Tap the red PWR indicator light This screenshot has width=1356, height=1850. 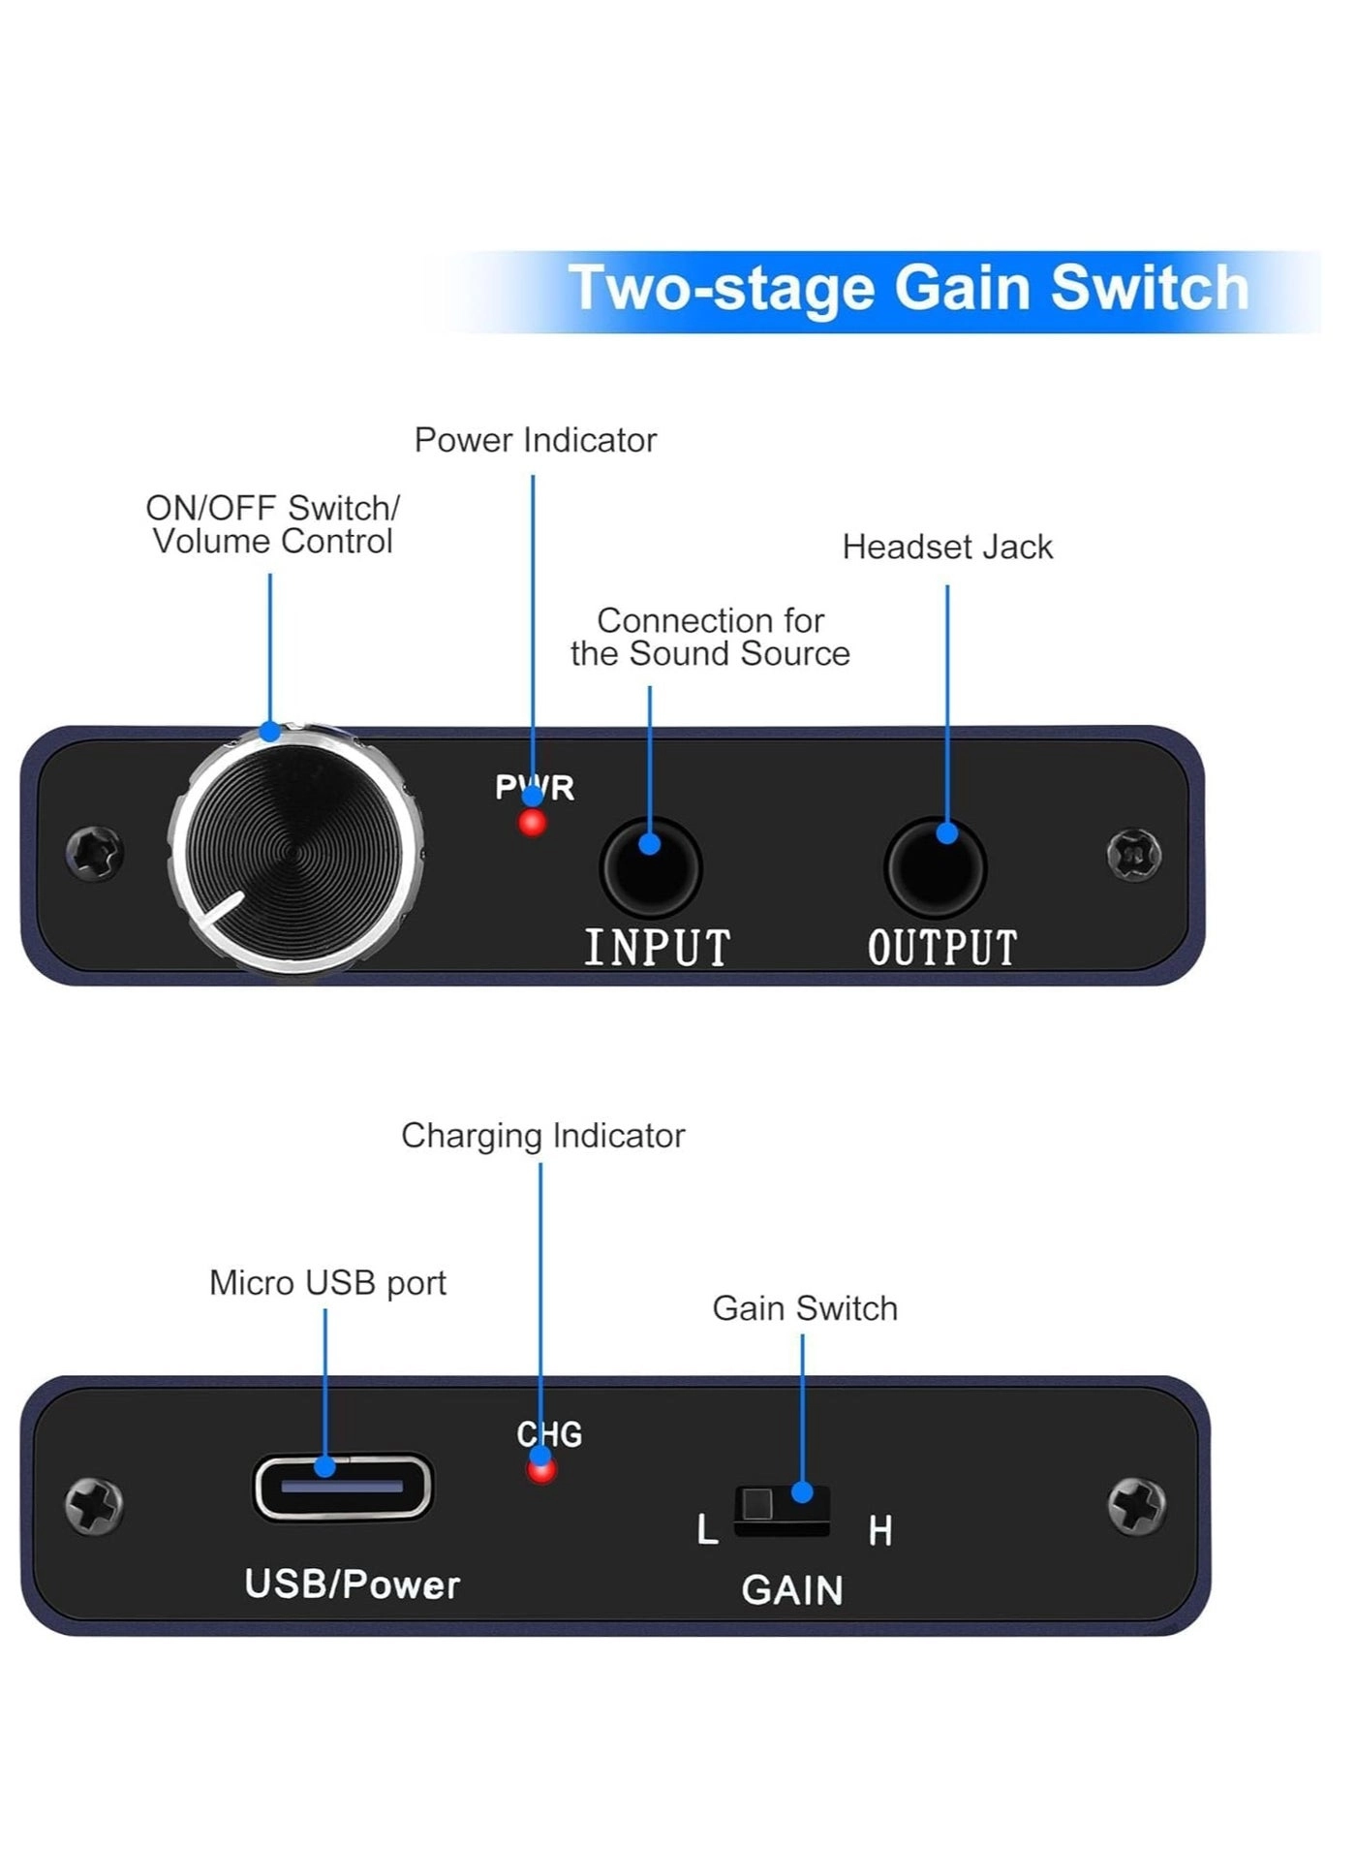coord(532,824)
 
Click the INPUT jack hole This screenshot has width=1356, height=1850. coord(650,868)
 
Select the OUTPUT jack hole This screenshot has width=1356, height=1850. coord(935,868)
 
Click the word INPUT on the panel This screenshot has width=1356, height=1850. coord(658,948)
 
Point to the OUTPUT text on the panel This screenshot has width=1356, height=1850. coord(942,948)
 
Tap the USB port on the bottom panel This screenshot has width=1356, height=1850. coord(343,1486)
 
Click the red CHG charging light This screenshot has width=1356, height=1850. coord(541,1470)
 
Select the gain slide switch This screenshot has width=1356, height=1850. coord(782,1510)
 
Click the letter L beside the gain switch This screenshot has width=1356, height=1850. coord(708,1530)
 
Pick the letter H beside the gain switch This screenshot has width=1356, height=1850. coord(879,1531)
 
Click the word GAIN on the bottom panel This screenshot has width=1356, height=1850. coord(792,1590)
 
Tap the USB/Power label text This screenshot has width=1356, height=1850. coord(352,1584)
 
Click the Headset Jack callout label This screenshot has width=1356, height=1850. coord(947,548)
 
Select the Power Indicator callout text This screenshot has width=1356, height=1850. coord(535,440)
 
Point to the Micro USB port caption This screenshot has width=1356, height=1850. coord(327,1283)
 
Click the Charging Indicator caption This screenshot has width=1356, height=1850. coord(542,1136)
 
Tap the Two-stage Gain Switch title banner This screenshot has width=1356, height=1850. coord(908,289)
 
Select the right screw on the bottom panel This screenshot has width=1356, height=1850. coord(1136,1506)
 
